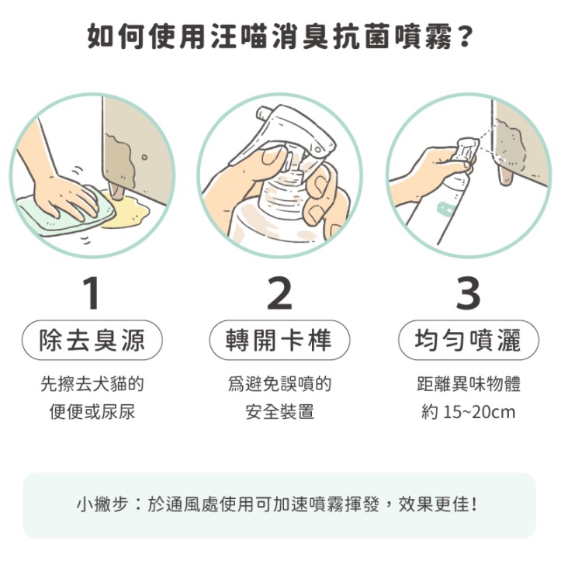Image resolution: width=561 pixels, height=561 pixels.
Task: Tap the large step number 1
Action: click(92, 293)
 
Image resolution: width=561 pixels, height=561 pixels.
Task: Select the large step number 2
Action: click(280, 293)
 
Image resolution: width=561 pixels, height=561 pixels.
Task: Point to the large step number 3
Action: click(469, 293)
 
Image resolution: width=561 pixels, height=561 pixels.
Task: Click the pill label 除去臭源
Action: click(92, 340)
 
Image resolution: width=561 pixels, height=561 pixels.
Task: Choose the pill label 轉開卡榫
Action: click(279, 340)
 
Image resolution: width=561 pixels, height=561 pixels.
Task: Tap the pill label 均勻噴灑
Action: click(469, 340)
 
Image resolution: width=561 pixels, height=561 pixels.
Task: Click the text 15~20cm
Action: click(479, 412)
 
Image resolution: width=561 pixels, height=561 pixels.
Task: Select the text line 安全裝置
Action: click(280, 412)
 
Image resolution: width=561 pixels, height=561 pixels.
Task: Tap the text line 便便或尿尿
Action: click(92, 412)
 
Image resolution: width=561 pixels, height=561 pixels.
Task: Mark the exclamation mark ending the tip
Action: click(474, 504)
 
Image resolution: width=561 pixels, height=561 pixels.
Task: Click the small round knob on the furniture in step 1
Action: click(144, 157)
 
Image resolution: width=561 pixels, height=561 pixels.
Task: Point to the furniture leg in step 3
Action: click(506, 176)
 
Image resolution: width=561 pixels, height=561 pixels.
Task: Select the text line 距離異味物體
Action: click(469, 384)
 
